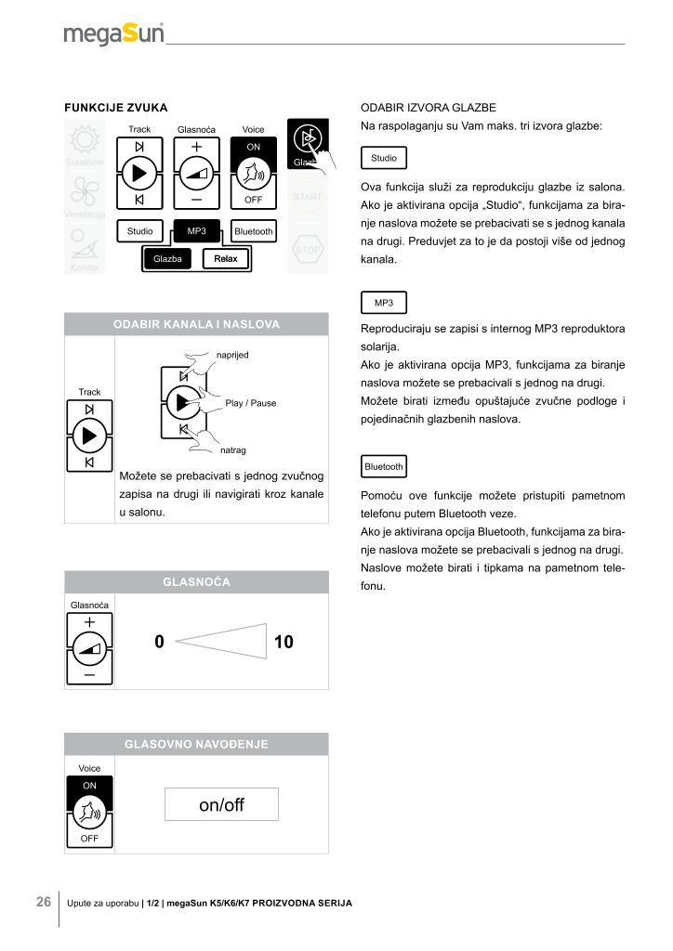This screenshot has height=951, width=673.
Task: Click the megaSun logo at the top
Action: pos(113,34)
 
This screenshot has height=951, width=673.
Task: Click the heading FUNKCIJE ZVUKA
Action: pos(115,109)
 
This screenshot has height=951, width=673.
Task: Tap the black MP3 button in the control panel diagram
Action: pos(197,230)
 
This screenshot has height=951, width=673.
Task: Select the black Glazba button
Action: pos(168,258)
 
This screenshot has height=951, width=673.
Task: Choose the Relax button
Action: pos(226,258)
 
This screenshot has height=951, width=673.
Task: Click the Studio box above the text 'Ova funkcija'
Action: pos(383,159)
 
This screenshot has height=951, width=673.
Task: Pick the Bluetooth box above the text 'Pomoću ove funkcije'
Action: pos(384,466)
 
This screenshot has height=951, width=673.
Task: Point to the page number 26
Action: pos(44,902)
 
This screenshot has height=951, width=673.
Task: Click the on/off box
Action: pos(221,804)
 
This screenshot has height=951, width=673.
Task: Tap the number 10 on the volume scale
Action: pos(284,641)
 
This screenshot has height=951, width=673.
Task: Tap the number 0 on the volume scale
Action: pos(160,641)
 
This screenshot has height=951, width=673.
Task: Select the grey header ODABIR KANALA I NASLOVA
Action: pos(196,324)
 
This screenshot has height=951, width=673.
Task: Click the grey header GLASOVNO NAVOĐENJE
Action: pos(196,744)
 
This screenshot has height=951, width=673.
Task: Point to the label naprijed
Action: pos(232,355)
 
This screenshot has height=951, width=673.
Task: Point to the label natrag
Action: pos(233,450)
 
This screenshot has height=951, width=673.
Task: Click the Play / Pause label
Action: pos(251,403)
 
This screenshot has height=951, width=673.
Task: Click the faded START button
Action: pos(308,197)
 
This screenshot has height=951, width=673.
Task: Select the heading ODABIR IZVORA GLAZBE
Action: pos(428,109)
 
